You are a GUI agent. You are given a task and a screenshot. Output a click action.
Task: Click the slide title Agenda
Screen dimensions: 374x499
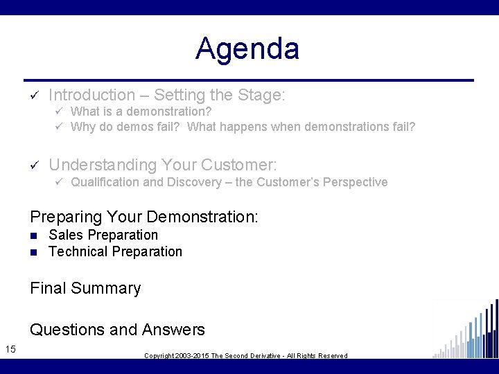pyautogui.click(x=247, y=49)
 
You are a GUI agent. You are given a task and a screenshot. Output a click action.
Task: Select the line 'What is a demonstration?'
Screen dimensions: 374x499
pyautogui.click(x=141, y=112)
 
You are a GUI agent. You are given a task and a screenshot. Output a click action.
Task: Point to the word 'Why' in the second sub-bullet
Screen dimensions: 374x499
pyautogui.click(x=83, y=127)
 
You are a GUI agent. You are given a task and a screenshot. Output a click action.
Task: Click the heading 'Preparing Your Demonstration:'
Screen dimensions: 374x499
pyautogui.click(x=144, y=217)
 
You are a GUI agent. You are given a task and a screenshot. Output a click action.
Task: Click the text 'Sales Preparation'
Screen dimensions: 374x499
pyautogui.click(x=103, y=235)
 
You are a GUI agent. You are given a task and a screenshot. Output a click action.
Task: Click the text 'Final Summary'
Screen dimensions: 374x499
pyautogui.click(x=85, y=289)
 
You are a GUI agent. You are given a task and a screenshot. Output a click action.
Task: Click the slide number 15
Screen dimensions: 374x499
pyautogui.click(x=10, y=348)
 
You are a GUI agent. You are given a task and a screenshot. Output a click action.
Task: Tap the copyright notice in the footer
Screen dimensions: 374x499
pyautogui.click(x=245, y=355)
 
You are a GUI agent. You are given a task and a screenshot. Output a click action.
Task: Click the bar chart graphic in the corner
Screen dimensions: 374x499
pyautogui.click(x=466, y=330)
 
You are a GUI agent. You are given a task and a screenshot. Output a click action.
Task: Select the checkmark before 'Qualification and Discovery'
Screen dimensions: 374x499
pyautogui.click(x=60, y=182)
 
